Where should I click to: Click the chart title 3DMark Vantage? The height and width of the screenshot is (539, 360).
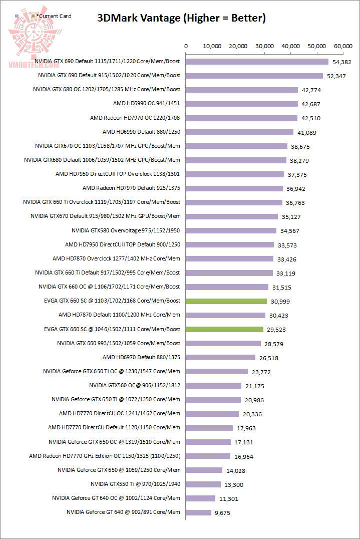181,19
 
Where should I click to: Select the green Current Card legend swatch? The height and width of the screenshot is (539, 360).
33,17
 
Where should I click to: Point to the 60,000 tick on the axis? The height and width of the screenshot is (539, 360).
343,46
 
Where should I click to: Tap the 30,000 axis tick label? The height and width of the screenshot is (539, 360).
264,46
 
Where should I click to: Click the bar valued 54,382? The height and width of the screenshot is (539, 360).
257,62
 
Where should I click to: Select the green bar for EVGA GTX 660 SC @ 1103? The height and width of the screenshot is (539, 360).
226,301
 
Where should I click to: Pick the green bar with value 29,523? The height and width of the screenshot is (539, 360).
224,329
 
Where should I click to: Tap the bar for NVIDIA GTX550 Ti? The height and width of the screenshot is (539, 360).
203,484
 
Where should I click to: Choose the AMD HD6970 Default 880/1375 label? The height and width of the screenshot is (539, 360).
141,357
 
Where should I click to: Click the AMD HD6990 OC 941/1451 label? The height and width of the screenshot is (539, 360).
147,104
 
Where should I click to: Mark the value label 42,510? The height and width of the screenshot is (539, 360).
311,118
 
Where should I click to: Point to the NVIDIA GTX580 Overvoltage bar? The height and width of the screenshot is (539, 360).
231,230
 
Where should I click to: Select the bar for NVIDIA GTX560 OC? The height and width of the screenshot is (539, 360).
214,386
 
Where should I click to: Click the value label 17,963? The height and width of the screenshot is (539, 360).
245,428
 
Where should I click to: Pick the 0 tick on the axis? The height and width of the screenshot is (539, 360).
186,46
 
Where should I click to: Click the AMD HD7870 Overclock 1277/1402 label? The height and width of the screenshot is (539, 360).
116,258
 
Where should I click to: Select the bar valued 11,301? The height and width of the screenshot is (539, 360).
201,498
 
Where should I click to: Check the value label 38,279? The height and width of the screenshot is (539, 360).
299,160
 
